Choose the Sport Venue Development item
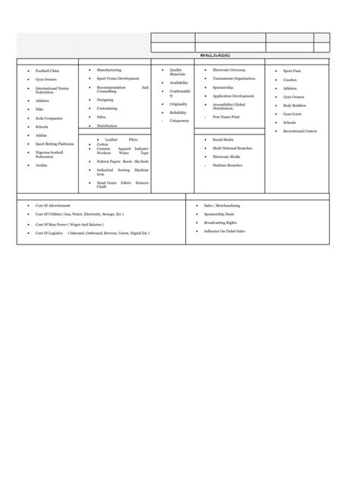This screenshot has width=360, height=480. (x=118, y=78)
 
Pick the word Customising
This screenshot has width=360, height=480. (x=107, y=108)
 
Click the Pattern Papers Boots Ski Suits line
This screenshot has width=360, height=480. (x=122, y=161)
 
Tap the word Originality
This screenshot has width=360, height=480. (x=178, y=104)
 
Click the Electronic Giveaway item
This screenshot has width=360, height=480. (x=229, y=69)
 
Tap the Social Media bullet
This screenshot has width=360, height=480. (x=223, y=140)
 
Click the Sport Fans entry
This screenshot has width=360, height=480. (x=292, y=71)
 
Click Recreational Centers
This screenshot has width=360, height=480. (x=300, y=131)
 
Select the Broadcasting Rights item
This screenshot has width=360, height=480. (x=220, y=223)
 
